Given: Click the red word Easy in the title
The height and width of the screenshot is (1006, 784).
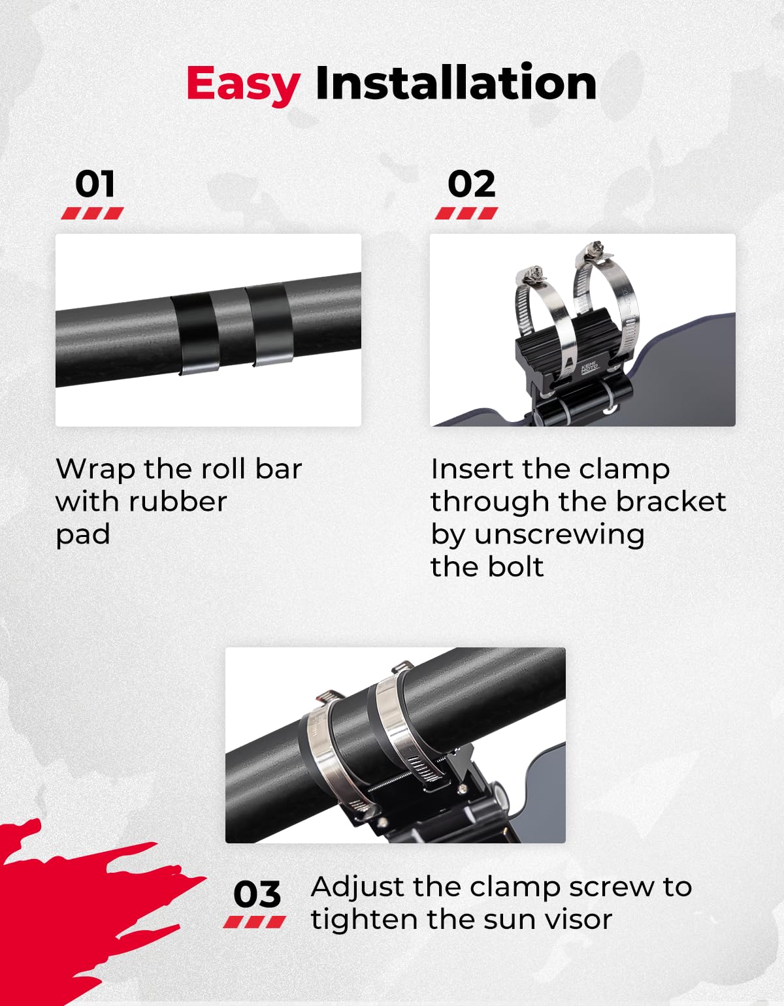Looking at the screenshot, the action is tap(244, 85).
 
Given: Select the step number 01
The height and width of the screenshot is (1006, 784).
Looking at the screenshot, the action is tap(95, 184).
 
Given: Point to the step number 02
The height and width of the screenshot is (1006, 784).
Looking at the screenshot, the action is tap(471, 184).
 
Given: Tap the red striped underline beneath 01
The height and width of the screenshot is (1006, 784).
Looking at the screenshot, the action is tap(93, 213).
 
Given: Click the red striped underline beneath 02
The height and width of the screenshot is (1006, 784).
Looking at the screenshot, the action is tap(466, 213).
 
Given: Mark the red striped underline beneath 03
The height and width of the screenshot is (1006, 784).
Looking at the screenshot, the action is tap(255, 922).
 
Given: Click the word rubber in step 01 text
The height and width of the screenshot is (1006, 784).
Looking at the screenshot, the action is tap(178, 502).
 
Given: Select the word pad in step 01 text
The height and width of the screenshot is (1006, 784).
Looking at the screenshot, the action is tap(83, 535).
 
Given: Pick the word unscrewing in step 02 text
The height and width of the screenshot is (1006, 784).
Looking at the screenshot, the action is tap(559, 535).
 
